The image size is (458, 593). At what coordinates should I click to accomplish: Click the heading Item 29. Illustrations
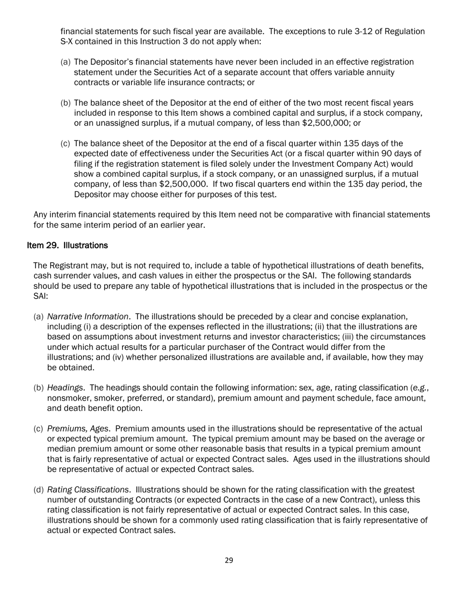(x=67, y=245)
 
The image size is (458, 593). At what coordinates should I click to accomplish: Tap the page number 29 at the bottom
(x=229, y=560)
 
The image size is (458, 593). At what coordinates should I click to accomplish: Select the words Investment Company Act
(x=334, y=164)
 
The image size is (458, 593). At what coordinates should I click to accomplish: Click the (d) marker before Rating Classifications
(x=39, y=490)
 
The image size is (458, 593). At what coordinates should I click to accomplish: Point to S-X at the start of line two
(x=67, y=42)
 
